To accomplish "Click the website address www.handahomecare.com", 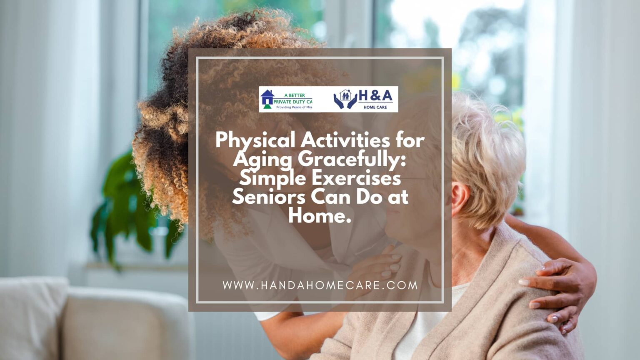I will tap(320, 285).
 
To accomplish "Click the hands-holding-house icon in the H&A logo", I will tap(345, 99).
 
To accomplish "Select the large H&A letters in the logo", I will tap(375, 96).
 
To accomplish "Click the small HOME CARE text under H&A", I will tap(375, 107).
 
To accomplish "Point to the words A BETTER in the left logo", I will tap(294, 95).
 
